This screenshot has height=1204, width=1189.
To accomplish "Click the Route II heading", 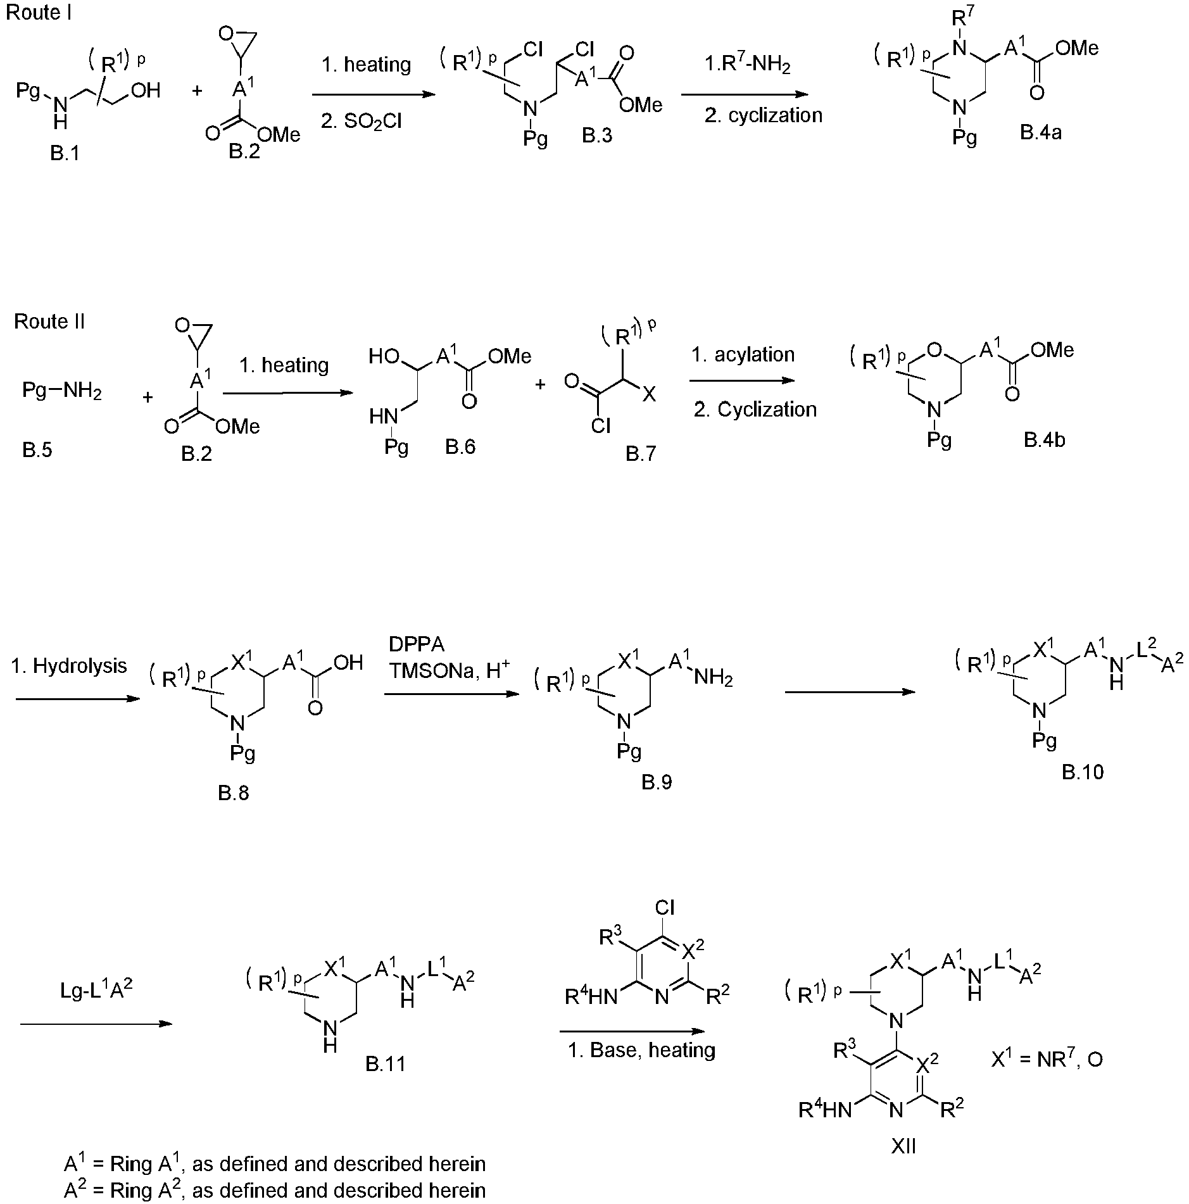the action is point(49,322).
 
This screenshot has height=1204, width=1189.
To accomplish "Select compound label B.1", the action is point(65,154).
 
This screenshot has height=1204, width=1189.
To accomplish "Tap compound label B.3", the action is point(597,135).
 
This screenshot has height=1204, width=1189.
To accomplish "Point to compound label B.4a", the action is point(1041,132).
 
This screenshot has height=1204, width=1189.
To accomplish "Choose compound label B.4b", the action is point(1045,440).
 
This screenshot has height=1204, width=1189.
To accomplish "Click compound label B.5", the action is point(37,450).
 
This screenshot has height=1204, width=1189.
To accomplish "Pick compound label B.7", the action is point(641,453).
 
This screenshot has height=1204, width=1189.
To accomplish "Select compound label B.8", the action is point(234,793).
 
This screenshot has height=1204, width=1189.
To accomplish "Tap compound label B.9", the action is point(657,782).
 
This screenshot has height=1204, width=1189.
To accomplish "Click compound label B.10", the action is point(1083,772).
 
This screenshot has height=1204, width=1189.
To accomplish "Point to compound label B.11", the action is point(386,1063).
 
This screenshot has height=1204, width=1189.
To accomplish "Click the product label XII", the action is point(903,1164).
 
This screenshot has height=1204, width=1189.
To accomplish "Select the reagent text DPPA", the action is point(417,644).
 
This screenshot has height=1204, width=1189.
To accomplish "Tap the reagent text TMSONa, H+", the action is point(450,670).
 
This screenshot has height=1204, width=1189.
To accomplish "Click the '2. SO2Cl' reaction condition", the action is point(361,121).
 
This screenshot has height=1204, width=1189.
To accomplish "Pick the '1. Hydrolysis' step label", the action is point(69,666).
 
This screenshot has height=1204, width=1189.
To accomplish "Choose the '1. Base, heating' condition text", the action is point(641,1050).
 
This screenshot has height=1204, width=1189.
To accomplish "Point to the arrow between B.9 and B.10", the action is point(850,692).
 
